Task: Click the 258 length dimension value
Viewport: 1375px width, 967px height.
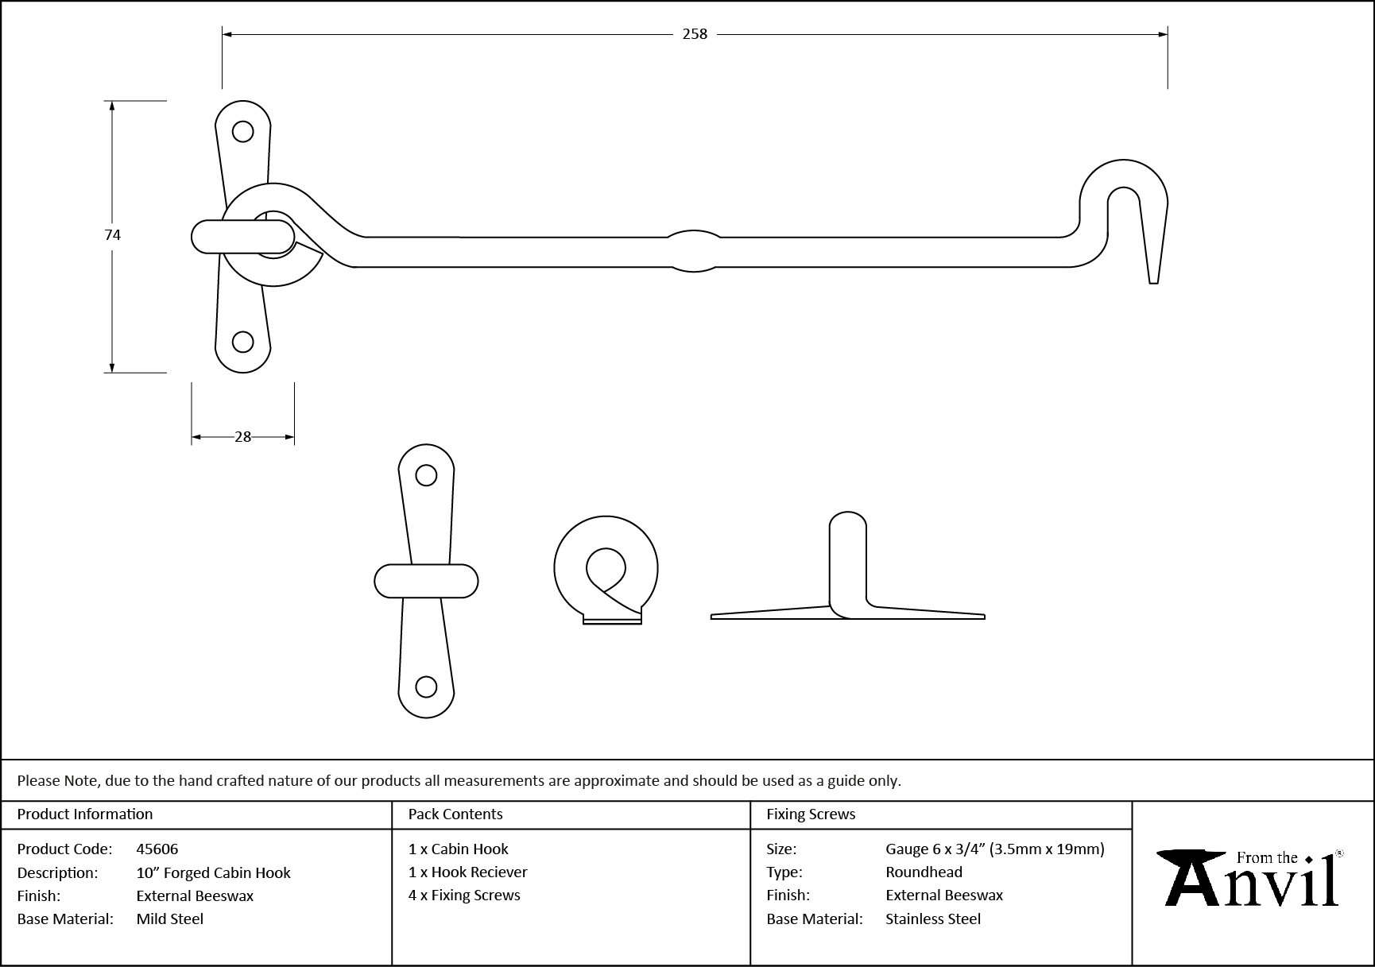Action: coord(695,34)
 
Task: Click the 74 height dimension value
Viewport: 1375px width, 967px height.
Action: coord(112,234)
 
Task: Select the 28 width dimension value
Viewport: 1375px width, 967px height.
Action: coord(242,436)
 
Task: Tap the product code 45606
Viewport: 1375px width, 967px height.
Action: coord(157,849)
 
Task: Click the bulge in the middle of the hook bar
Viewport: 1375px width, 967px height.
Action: coord(694,250)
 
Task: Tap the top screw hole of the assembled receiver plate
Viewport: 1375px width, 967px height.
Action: coord(242,131)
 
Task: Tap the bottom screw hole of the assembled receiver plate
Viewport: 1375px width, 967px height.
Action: coord(242,342)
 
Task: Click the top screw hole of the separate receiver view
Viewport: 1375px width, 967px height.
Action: coord(427,475)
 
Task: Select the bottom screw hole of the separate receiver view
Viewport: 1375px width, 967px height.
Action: coord(427,687)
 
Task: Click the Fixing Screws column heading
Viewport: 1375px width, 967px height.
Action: coord(811,814)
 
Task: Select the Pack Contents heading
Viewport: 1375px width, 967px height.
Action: coord(455,814)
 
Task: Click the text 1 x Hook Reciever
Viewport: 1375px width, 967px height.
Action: coord(467,872)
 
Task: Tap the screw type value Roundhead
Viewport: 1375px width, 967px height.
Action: coord(924,872)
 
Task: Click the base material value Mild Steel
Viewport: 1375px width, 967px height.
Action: coord(169,919)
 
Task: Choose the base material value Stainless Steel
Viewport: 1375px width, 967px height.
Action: coord(933,919)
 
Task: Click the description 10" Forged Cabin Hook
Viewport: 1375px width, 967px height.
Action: coord(213,872)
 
